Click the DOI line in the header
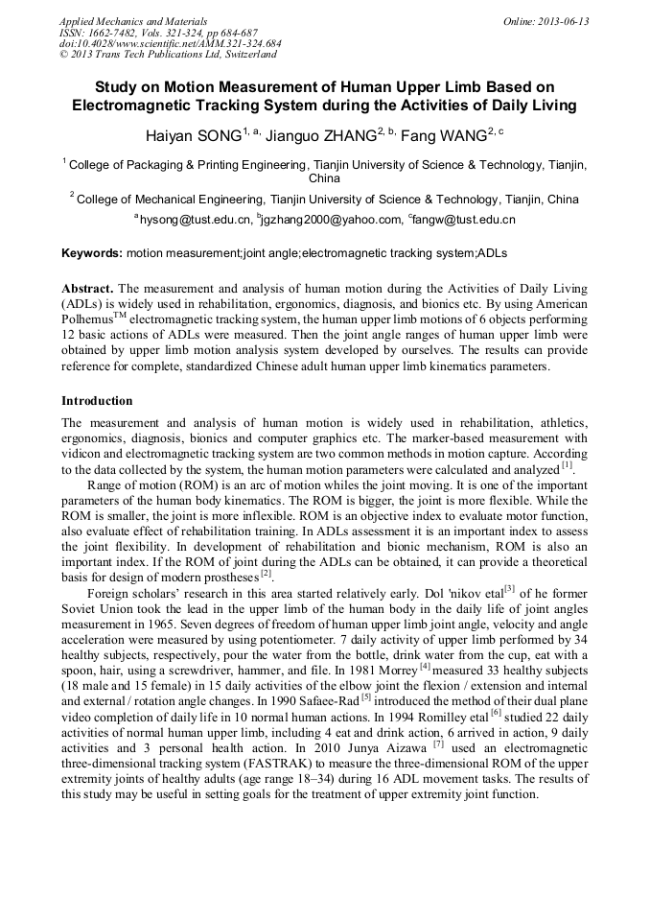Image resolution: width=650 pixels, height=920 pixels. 170,44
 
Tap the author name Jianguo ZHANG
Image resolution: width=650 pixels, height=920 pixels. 324,135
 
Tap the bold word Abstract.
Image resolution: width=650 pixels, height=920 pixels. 87,289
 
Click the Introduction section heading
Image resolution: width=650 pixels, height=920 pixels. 97,400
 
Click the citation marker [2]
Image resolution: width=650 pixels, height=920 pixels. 267,574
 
